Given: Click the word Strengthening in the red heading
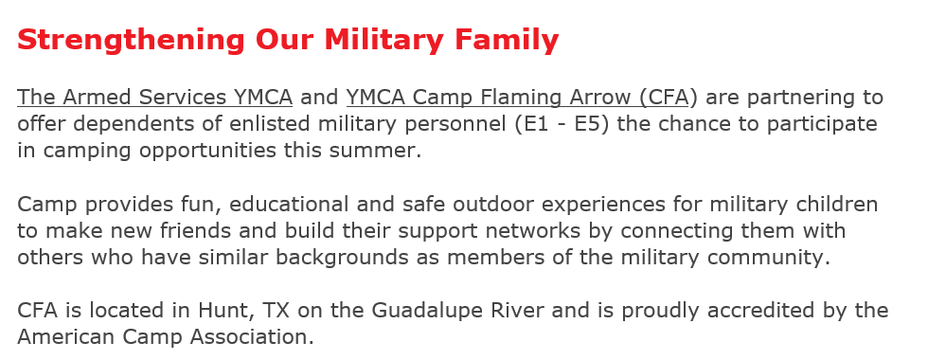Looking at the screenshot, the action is click(x=131, y=41).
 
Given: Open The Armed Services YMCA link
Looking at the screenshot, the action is click(x=155, y=97).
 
